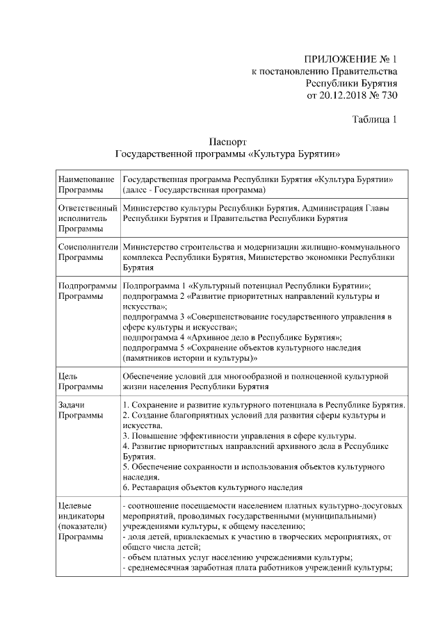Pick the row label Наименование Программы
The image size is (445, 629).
(x=86, y=184)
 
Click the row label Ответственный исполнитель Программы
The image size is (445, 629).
(x=88, y=218)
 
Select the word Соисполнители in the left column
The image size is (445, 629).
(x=88, y=247)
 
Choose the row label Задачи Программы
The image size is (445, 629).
(x=76, y=410)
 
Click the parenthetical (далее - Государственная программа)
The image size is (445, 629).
(x=194, y=190)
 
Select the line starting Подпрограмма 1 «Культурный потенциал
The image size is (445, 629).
(x=246, y=286)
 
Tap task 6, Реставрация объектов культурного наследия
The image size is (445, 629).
(x=212, y=488)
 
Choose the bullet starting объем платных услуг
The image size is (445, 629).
(x=236, y=558)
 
